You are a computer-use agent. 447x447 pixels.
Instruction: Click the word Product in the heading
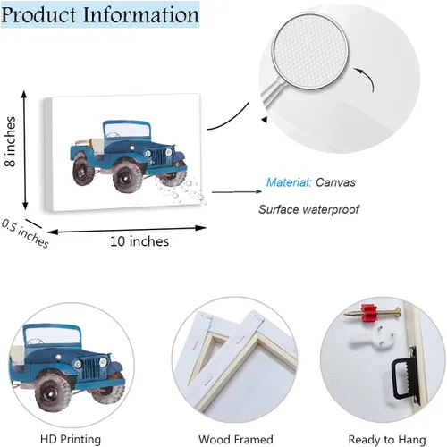(x=39, y=15)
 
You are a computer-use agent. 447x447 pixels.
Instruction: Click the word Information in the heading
(x=141, y=14)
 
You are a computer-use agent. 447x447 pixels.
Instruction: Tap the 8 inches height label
(x=10, y=141)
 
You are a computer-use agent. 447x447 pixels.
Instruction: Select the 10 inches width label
(x=139, y=241)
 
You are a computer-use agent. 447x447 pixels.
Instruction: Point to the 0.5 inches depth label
(x=25, y=233)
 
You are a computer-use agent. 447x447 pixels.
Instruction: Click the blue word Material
(x=289, y=182)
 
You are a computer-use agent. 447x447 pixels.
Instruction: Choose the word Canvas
(x=335, y=182)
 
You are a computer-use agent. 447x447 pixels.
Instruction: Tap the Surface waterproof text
(x=308, y=209)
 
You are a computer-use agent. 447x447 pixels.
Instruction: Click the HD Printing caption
(x=71, y=439)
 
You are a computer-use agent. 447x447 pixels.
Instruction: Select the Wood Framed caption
(x=236, y=440)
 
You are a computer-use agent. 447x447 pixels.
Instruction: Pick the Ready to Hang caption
(x=387, y=440)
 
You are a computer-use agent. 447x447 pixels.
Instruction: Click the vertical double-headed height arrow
(x=25, y=150)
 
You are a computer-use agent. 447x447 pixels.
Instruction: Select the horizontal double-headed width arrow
(x=127, y=230)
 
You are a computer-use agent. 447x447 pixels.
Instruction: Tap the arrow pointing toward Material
(x=237, y=192)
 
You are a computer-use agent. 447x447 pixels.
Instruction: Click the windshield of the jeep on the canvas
(x=127, y=131)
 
